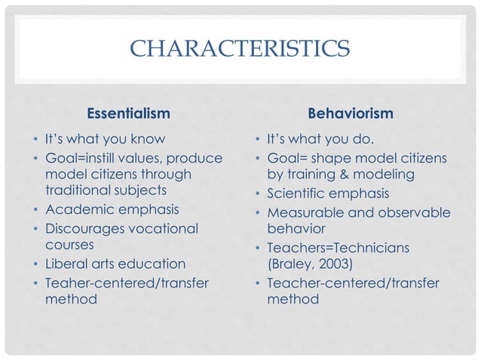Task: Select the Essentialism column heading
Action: click(128, 114)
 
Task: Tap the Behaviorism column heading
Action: click(351, 114)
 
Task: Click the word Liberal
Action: click(67, 264)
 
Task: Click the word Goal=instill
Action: click(86, 157)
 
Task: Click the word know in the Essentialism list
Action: click(147, 139)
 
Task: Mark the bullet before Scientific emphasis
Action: click(257, 196)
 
